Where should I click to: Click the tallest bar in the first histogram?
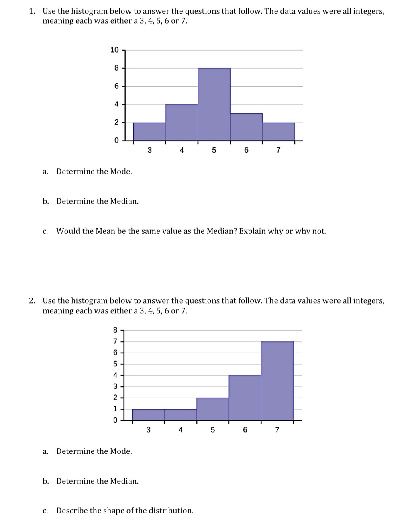tap(214, 104)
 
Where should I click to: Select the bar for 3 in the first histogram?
tap(149, 132)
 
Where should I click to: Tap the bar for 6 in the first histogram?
tap(246, 127)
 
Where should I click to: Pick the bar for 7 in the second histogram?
tap(277, 381)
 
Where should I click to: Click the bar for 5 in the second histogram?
tap(213, 409)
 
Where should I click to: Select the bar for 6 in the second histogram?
tap(245, 398)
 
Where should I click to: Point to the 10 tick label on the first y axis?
tap(114, 50)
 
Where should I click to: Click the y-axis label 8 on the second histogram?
tap(115, 330)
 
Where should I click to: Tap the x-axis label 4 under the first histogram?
tap(182, 151)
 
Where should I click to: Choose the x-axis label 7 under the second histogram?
tap(277, 430)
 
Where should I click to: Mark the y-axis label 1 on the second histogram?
tap(115, 409)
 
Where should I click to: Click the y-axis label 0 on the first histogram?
tap(116, 141)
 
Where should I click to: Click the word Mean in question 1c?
tap(106, 231)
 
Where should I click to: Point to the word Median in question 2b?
tap(124, 481)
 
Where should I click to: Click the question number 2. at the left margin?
tap(32, 301)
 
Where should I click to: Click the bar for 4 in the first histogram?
tap(182, 123)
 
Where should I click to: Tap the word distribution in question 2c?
tap(171, 511)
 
